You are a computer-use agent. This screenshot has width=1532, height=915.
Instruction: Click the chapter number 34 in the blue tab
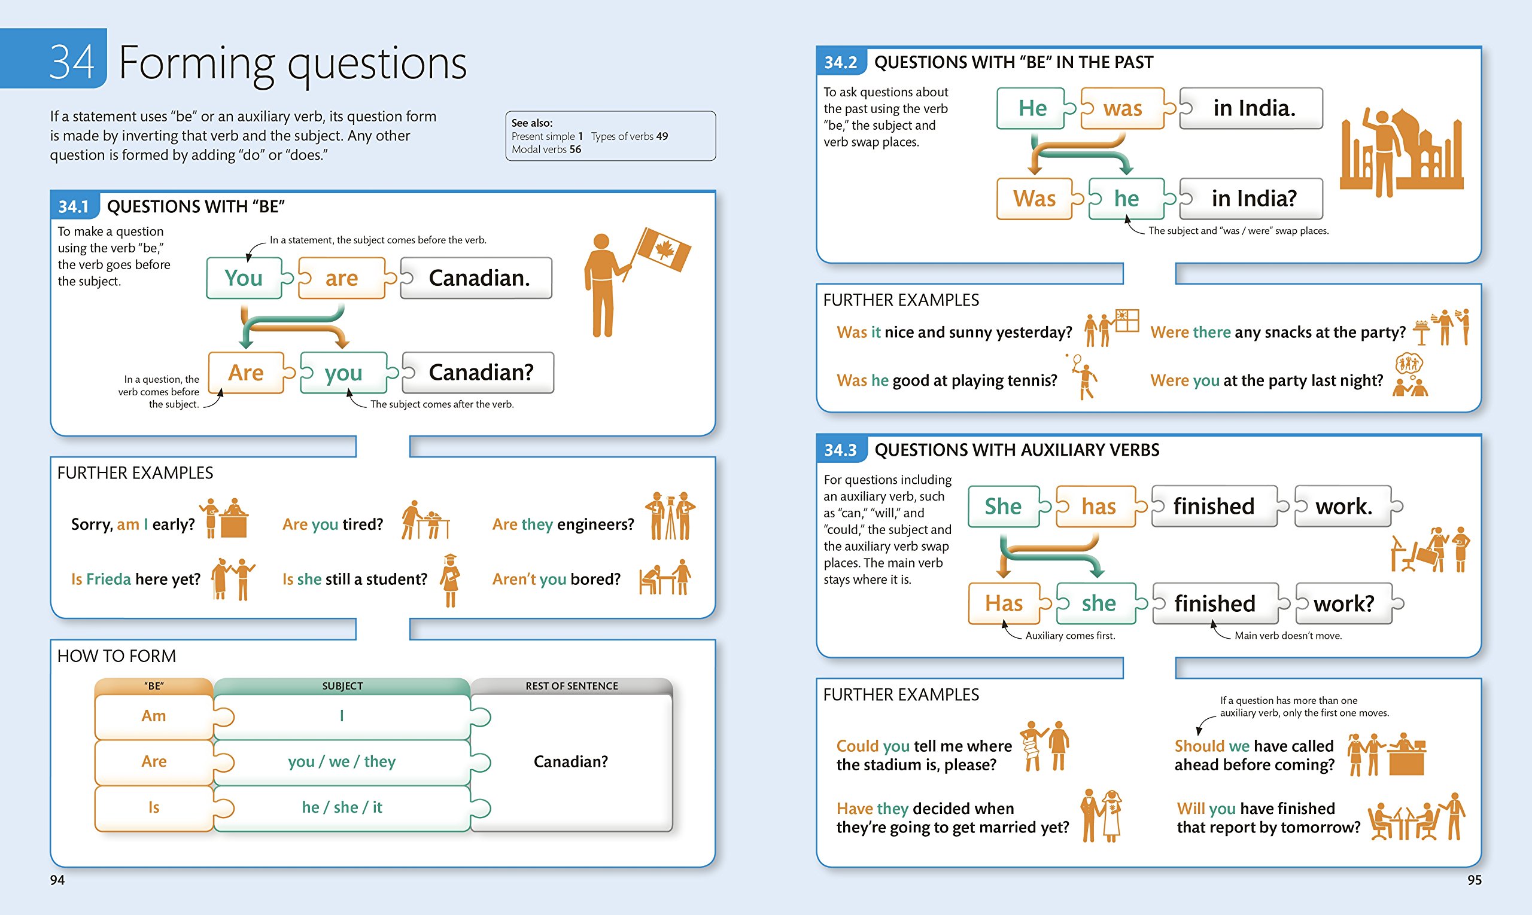coord(72,62)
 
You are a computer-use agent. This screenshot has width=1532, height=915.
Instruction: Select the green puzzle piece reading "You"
coord(244,278)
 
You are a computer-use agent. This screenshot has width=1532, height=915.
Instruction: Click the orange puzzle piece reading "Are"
coord(245,373)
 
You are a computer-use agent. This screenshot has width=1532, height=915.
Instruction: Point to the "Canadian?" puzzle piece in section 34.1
coord(480,373)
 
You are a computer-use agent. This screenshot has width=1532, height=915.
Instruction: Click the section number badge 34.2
coord(840,62)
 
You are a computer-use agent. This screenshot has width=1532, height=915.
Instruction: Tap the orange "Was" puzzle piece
coord(1034,199)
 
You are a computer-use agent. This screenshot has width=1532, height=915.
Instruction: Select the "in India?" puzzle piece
coord(1253,199)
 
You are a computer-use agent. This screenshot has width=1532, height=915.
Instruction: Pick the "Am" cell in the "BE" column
coord(154,716)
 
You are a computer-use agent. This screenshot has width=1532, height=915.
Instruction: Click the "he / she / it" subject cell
coord(342,808)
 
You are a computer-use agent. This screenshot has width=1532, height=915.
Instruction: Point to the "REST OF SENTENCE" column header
coord(572,685)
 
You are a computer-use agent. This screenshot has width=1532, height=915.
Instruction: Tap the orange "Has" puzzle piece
coord(1003,603)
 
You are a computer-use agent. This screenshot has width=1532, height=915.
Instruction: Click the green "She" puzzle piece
coord(1002,506)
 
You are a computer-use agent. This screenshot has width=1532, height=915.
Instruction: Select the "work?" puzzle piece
coord(1344,603)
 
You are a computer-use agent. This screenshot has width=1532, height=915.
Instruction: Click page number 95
coord(1474,880)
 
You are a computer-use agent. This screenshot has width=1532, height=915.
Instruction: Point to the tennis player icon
coord(1084,376)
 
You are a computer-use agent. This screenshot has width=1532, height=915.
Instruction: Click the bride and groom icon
coord(1101,815)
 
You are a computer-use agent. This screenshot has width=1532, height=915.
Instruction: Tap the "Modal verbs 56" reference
coord(546,150)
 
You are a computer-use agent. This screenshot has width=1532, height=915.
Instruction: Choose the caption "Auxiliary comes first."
coord(1070,636)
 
